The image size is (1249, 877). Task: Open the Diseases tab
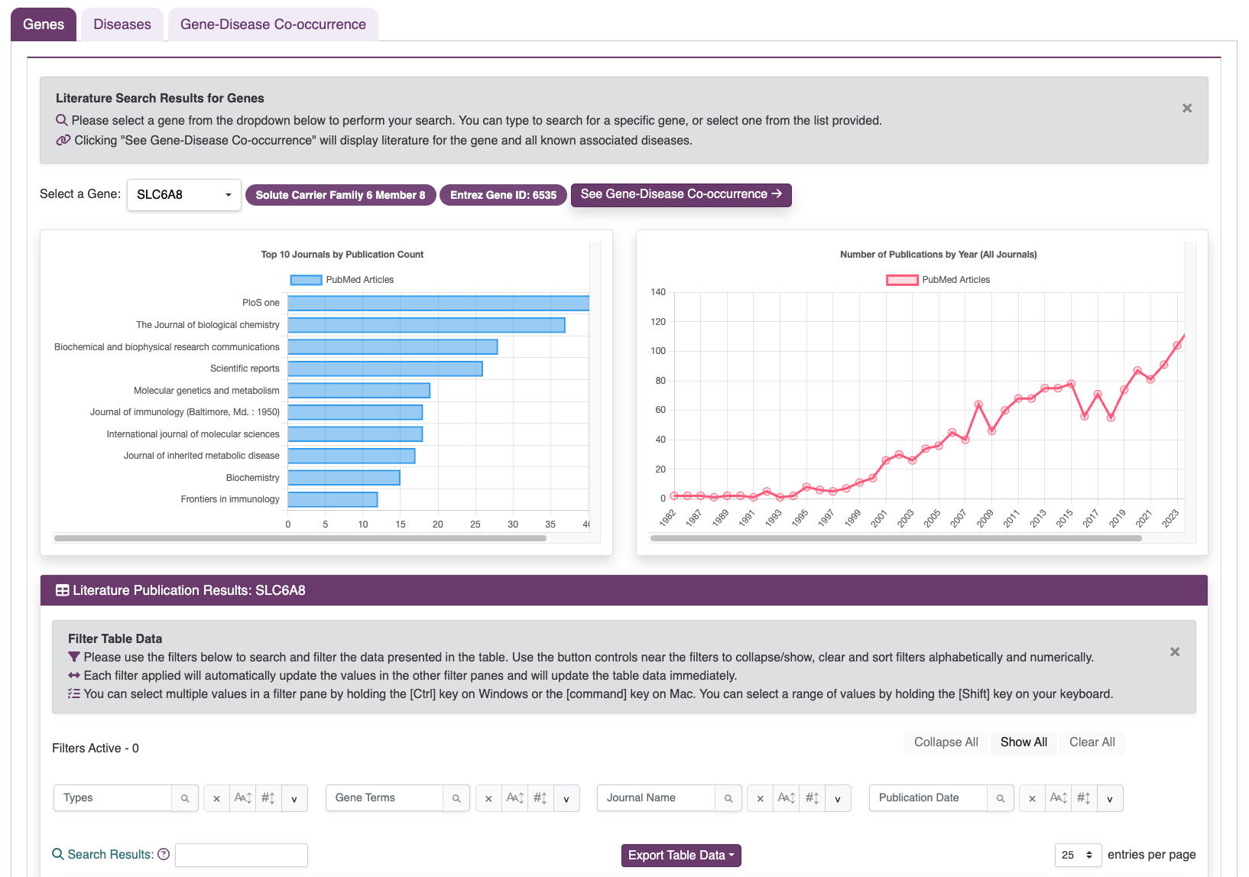(122, 24)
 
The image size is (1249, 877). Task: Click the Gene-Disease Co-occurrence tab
(273, 24)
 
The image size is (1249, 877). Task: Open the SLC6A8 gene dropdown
(183, 195)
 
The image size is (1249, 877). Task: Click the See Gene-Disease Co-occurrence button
(680, 194)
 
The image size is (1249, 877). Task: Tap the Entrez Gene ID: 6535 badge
(503, 195)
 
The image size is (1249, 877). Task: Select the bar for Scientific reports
(384, 369)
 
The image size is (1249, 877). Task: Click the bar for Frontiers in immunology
(333, 499)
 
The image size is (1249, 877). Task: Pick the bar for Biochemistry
(343, 478)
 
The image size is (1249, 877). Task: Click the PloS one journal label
(261, 303)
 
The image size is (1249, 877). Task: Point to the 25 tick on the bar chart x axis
(475, 525)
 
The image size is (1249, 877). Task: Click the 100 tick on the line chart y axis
(658, 351)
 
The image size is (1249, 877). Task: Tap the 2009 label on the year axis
(985, 518)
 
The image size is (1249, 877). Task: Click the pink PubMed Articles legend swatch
(902, 280)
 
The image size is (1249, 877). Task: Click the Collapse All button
(946, 742)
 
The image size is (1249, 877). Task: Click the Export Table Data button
(681, 855)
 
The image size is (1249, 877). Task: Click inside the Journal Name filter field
(656, 797)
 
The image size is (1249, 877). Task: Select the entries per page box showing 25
(1078, 855)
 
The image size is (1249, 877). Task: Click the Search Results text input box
(241, 855)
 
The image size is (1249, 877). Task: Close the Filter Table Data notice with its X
(1174, 651)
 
